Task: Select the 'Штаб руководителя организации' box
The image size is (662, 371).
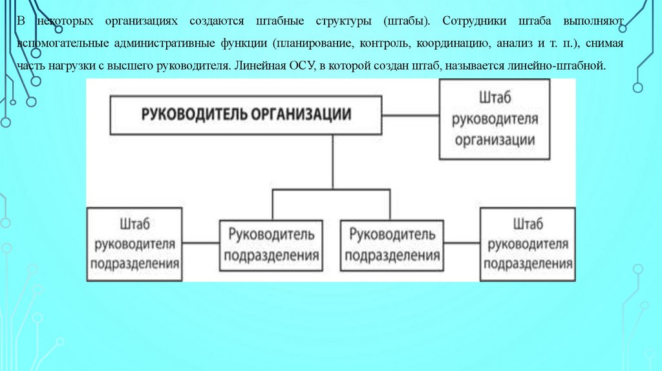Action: point(494,120)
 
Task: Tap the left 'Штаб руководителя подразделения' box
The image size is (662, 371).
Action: point(134,244)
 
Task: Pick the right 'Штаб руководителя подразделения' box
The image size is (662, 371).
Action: point(527,244)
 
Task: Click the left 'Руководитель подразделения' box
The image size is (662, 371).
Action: point(270,244)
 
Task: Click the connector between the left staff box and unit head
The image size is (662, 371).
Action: point(200,244)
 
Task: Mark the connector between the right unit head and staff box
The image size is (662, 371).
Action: point(460,244)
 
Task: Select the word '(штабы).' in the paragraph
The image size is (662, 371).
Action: point(406,21)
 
